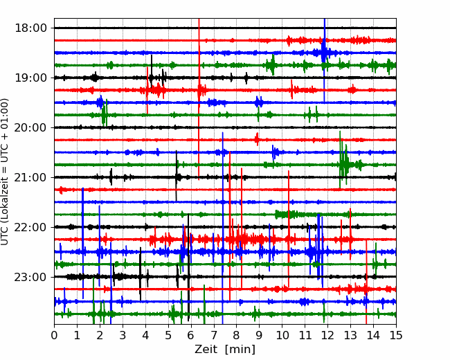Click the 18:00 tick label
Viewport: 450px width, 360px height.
click(x=30, y=28)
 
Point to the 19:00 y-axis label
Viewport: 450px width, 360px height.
click(x=30, y=78)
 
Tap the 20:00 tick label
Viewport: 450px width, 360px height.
click(x=30, y=127)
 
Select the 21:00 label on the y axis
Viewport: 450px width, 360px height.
click(x=30, y=177)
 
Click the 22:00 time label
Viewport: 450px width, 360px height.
click(x=30, y=227)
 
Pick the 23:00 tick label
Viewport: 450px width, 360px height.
click(x=30, y=277)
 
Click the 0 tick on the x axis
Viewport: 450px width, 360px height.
click(x=54, y=335)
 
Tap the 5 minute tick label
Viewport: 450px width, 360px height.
click(x=168, y=335)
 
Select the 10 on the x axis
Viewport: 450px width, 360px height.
click(x=282, y=335)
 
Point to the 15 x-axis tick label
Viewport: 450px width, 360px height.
click(x=396, y=335)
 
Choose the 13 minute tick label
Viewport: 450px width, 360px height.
click(x=350, y=335)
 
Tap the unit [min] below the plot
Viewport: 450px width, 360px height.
click(x=240, y=350)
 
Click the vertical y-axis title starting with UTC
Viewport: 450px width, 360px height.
click(x=5, y=172)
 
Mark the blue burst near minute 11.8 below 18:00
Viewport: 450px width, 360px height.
click(x=324, y=53)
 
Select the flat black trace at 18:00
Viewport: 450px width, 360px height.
click(x=225, y=28)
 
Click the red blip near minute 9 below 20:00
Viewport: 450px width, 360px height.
click(x=257, y=140)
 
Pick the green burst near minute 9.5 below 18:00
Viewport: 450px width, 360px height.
click(x=271, y=65)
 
